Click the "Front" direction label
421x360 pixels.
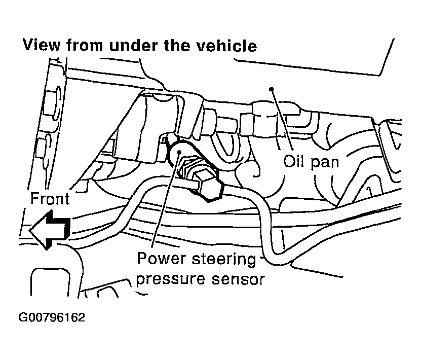[x=50, y=198]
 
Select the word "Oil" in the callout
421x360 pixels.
[x=294, y=162]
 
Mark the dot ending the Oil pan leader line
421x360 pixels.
[x=273, y=89]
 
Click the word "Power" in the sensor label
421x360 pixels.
[x=162, y=260]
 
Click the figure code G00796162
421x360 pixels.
[x=52, y=318]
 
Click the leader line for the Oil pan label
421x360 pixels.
[x=283, y=119]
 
